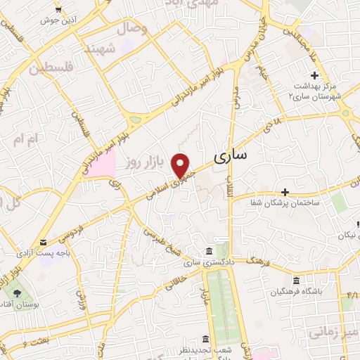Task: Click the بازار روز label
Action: [145, 162]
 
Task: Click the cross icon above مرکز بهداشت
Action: [314, 76]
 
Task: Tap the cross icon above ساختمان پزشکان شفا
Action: [285, 192]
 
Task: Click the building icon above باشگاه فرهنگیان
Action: [295, 281]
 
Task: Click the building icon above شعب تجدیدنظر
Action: [205, 339]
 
